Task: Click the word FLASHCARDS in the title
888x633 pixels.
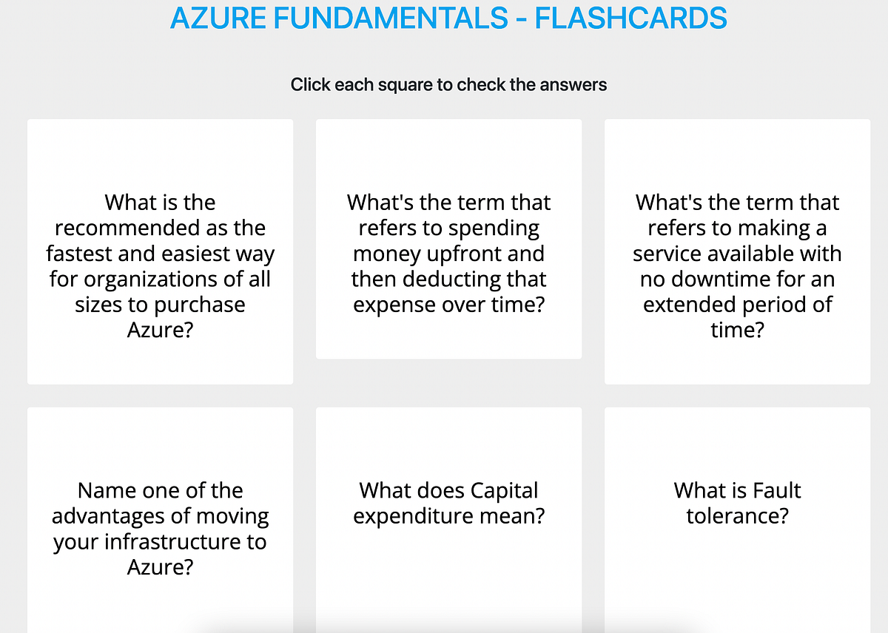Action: (x=630, y=18)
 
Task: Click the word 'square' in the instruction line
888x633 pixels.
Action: (x=408, y=85)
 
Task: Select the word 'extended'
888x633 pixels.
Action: (x=687, y=305)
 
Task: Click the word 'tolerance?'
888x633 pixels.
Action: (x=738, y=516)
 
